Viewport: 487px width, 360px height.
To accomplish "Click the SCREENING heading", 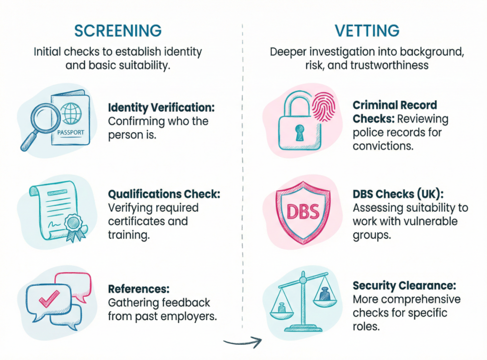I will click(x=118, y=30).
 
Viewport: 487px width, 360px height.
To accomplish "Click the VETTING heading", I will click(x=366, y=30).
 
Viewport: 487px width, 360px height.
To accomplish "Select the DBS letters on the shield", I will click(x=303, y=211).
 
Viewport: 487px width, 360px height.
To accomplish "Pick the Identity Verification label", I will click(x=161, y=107).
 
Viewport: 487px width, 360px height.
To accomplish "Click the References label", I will click(x=138, y=289).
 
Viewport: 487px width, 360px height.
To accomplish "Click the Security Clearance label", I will click(x=404, y=286).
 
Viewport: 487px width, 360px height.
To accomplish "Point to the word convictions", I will click(x=382, y=146).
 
